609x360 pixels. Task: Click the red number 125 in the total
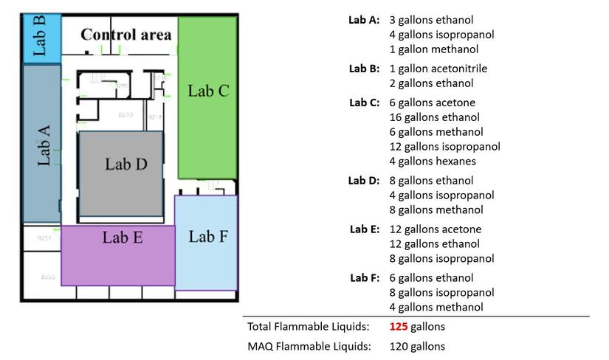pyautogui.click(x=399, y=326)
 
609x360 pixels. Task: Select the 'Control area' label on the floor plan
pyautogui.click(x=126, y=35)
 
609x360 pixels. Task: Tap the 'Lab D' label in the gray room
pyautogui.click(x=126, y=164)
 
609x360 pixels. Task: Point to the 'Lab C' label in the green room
pyautogui.click(x=208, y=91)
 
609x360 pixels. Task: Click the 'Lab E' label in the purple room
pyautogui.click(x=123, y=238)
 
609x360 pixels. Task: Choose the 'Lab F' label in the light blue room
pyautogui.click(x=207, y=236)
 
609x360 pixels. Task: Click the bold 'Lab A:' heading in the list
pyautogui.click(x=364, y=20)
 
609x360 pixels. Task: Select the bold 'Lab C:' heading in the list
pyautogui.click(x=364, y=103)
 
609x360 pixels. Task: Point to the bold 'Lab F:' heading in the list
pyautogui.click(x=365, y=278)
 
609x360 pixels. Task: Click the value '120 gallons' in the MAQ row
pyautogui.click(x=417, y=346)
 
